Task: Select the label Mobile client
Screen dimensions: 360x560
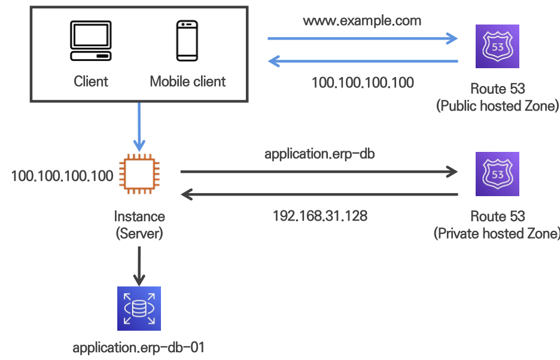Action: (188, 81)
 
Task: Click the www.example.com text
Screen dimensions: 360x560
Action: (362, 21)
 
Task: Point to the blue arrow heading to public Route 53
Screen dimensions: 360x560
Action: (362, 39)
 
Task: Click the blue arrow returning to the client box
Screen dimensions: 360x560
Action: (362, 60)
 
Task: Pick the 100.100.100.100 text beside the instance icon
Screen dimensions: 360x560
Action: (62, 176)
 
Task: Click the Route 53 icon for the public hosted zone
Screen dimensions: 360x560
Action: (497, 46)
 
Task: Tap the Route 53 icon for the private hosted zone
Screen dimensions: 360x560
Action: (497, 174)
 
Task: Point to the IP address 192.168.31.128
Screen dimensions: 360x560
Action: (320, 216)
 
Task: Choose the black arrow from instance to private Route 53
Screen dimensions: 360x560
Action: (319, 172)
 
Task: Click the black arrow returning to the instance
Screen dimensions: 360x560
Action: (319, 194)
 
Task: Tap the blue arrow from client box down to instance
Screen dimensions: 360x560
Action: (139, 126)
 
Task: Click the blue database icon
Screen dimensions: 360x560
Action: (139, 309)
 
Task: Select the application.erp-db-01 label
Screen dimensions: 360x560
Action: (139, 347)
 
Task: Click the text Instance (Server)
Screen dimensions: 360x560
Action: (139, 224)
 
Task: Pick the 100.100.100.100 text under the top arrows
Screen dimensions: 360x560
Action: (363, 83)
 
